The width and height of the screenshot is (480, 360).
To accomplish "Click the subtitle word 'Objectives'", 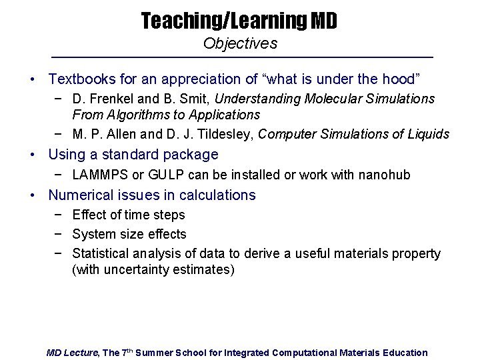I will coord(240,44).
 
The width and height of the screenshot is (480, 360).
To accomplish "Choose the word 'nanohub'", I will coord(386,175).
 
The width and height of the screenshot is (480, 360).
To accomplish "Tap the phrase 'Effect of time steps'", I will coord(129,215).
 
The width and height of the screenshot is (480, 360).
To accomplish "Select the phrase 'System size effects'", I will coord(129,234).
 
